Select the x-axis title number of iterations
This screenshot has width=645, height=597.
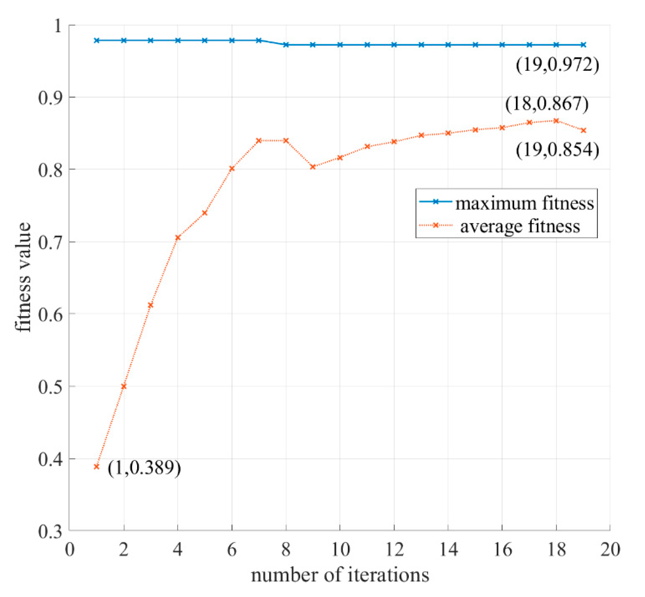pos(340,575)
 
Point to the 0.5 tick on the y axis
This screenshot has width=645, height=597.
pos(51,387)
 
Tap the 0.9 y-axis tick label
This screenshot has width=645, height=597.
pos(51,97)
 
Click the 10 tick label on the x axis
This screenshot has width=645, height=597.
pos(340,550)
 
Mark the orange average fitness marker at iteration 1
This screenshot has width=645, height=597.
pos(97,466)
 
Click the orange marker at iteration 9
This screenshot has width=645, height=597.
pos(313,167)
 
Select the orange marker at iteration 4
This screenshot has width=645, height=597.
pos(178,238)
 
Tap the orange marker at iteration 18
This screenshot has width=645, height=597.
pos(556,121)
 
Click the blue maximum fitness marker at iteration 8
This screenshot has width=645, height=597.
pos(286,45)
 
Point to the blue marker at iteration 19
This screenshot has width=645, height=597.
pos(583,45)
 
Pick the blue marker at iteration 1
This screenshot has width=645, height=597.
pos(97,40)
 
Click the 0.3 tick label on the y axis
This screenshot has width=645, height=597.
pos(51,531)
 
